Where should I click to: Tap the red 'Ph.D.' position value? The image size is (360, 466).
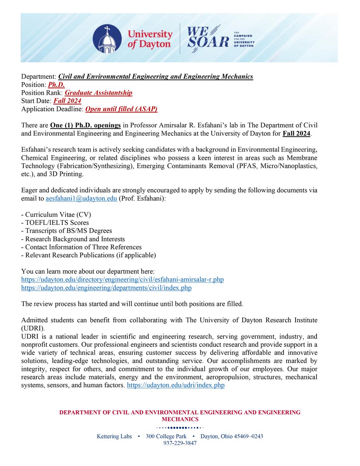tap(56, 85)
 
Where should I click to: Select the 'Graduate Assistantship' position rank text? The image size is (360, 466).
tap(98, 93)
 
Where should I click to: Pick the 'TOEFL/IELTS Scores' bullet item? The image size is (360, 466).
tap(57, 223)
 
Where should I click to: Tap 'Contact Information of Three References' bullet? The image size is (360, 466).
tap(83, 247)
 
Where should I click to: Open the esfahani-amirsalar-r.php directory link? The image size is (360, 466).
tap(122, 280)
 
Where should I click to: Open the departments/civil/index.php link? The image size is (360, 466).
tap(106, 288)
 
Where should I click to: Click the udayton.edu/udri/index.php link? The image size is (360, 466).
tap(176, 386)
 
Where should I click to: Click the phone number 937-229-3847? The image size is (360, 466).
tap(180, 443)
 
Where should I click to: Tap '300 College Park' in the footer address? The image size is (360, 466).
tap(166, 436)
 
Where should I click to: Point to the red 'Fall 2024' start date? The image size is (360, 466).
tap(68, 101)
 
